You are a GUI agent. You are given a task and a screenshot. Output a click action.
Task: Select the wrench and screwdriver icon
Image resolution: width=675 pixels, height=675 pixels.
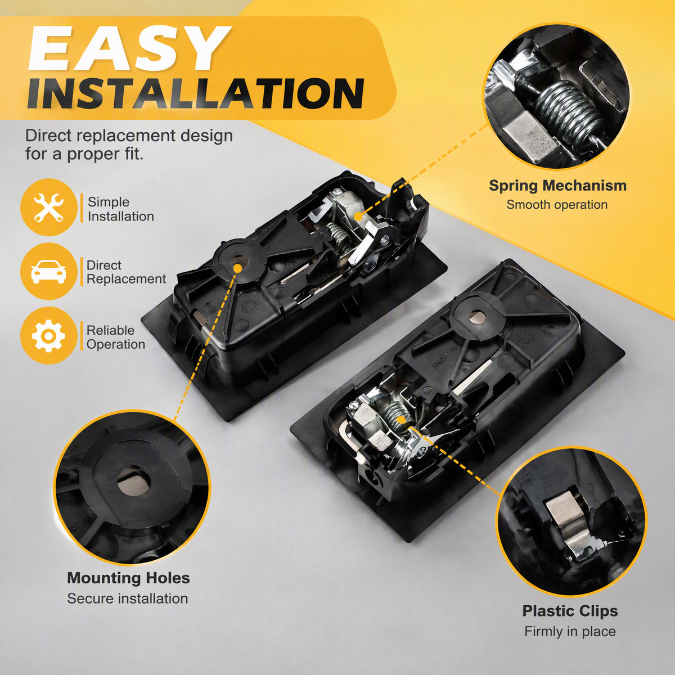click(x=49, y=208)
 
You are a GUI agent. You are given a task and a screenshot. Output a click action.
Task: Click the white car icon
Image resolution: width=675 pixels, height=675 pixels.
click(x=48, y=272)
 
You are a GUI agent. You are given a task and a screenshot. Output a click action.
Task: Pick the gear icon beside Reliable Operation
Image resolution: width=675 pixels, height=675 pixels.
click(x=48, y=336)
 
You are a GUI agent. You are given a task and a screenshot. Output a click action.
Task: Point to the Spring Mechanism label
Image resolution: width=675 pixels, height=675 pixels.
click(x=557, y=186)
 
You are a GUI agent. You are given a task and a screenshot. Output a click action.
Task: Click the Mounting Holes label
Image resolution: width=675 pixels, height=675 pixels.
click(x=128, y=578)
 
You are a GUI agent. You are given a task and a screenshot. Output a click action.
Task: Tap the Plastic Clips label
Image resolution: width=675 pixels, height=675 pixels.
click(x=570, y=611)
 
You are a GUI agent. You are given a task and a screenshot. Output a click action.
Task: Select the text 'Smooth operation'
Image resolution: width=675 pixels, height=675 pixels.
click(x=557, y=205)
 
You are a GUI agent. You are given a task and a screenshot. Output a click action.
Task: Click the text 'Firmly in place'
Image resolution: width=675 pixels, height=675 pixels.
click(x=570, y=631)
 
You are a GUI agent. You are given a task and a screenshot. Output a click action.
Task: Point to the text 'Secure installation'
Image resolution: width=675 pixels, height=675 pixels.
click(x=128, y=598)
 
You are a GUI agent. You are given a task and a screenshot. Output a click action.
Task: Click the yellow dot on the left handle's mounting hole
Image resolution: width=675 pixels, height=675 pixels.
click(x=238, y=268)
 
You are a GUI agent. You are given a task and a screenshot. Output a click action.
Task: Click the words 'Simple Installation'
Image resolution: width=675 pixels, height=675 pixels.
click(x=120, y=209)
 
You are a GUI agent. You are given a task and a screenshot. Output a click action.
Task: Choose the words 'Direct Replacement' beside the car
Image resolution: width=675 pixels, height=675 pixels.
click(x=126, y=272)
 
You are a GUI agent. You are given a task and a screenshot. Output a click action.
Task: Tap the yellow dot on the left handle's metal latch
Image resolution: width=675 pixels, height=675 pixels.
click(x=358, y=216)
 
